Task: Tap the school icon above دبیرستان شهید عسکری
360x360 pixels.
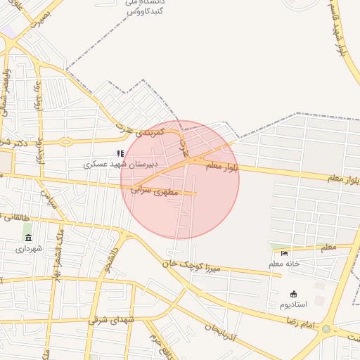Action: (120, 153)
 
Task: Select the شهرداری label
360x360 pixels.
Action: (30, 248)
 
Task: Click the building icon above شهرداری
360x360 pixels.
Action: (28, 238)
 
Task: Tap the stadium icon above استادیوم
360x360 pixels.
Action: (293, 294)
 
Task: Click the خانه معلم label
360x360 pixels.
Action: (284, 263)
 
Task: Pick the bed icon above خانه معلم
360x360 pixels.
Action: (284, 253)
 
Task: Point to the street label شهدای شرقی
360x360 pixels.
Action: (111, 320)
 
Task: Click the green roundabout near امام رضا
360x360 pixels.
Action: (326, 328)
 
